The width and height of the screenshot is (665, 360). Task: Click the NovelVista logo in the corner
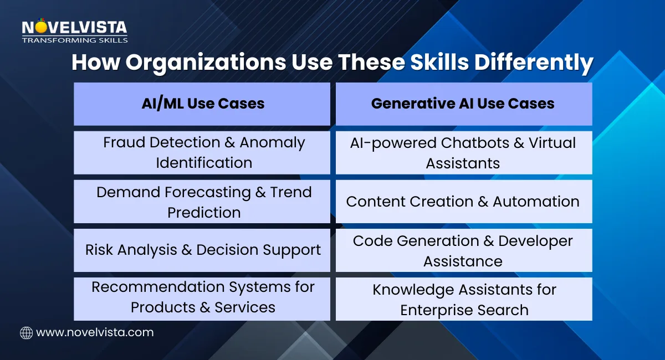pyautogui.click(x=74, y=28)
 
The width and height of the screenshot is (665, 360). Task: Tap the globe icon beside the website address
pyautogui.click(x=26, y=332)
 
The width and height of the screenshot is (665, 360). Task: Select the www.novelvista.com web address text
pyautogui.click(x=94, y=332)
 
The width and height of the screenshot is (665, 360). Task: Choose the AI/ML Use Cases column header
pyautogui.click(x=202, y=104)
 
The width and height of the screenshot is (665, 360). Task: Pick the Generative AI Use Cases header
pyautogui.click(x=463, y=104)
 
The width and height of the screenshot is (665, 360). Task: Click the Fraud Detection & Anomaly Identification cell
pyautogui.click(x=202, y=152)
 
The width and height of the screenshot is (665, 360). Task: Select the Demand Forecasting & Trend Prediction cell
pyautogui.click(x=202, y=202)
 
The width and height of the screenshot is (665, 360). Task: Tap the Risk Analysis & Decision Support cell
pyautogui.click(x=202, y=250)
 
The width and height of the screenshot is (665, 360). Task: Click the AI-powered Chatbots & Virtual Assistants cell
pyautogui.click(x=463, y=152)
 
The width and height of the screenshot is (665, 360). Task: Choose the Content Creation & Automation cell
pyautogui.click(x=463, y=202)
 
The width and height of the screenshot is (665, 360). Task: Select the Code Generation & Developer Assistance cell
pyautogui.click(x=463, y=250)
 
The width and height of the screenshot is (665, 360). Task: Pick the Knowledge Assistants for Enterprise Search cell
pyautogui.click(x=463, y=299)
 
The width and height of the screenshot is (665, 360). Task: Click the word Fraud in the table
pyautogui.click(x=123, y=143)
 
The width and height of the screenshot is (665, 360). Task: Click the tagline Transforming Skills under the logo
pyautogui.click(x=74, y=40)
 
